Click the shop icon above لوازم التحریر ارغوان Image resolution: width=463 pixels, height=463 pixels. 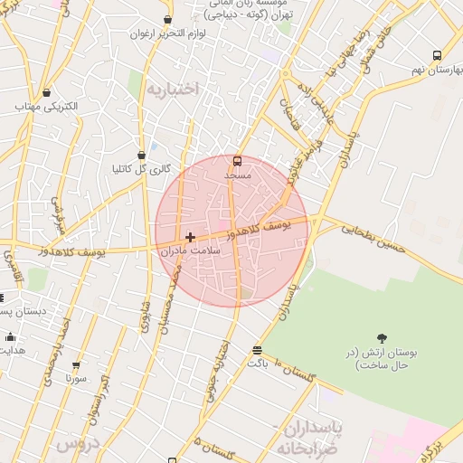coord(167,20)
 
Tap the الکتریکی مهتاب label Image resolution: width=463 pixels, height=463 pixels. coord(48,107)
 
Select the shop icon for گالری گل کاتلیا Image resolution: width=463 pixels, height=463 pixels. coord(140,155)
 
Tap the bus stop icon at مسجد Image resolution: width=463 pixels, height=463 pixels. coord(237,161)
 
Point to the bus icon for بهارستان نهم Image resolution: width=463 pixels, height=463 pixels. coord(437,55)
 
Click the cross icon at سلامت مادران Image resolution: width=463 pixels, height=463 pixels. coord(190,237)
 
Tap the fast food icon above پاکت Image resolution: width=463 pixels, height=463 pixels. coord(258,349)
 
